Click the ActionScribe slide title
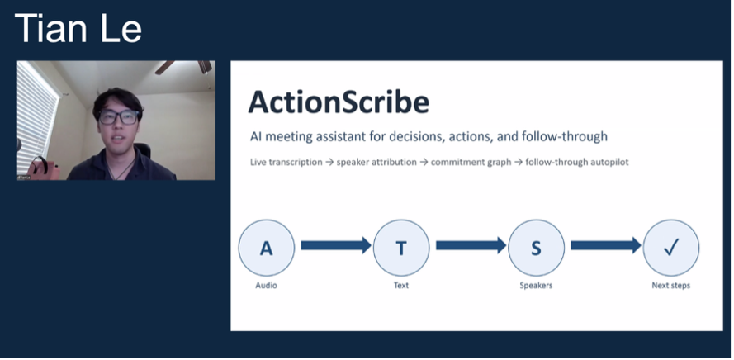pos(339,102)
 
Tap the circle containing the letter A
pos(266,248)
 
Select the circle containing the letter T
pos(400,248)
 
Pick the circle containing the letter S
pos(536,248)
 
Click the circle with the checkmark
pos(670,248)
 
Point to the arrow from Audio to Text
pos(334,245)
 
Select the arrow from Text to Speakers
pos(469,245)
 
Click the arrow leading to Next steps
pos(604,245)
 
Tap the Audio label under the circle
pos(266,286)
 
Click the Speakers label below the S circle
pos(536,286)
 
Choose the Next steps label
pos(670,286)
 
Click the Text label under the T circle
pos(400,286)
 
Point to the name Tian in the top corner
pos(50,28)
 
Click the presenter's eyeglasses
pos(117,117)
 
